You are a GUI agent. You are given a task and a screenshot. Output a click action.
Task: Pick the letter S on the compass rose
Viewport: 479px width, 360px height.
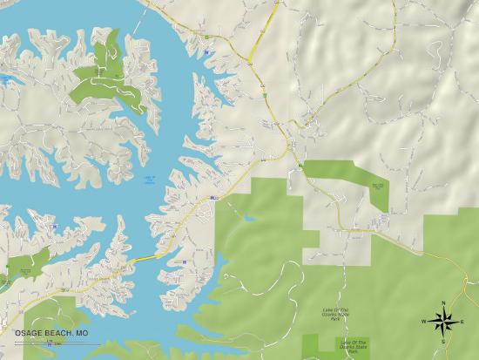[443, 342]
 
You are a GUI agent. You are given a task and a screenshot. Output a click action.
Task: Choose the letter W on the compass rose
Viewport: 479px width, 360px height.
[424, 322]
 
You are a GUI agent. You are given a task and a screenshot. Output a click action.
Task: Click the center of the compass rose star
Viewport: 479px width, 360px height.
[444, 322]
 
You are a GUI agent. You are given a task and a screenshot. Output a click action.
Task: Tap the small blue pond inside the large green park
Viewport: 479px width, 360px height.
[249, 217]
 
